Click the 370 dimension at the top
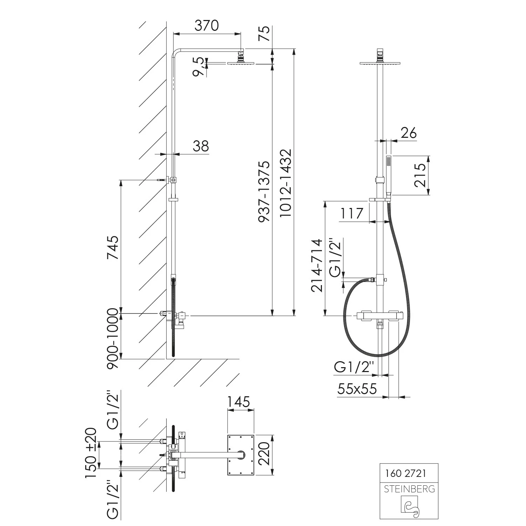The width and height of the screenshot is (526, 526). [x=207, y=26]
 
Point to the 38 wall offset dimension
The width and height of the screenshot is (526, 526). [x=201, y=146]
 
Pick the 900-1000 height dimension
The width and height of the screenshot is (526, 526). [x=113, y=338]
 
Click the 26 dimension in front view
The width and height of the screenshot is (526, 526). [x=409, y=133]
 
